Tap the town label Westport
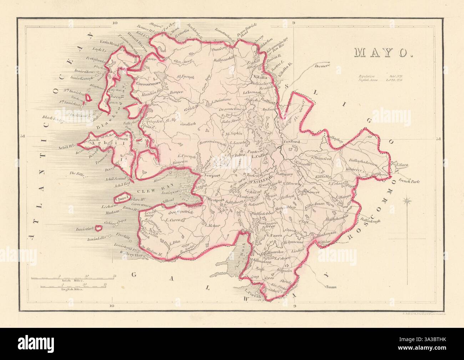(x=216, y=200)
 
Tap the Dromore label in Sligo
(x=324, y=66)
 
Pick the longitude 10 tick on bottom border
(x=112, y=306)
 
